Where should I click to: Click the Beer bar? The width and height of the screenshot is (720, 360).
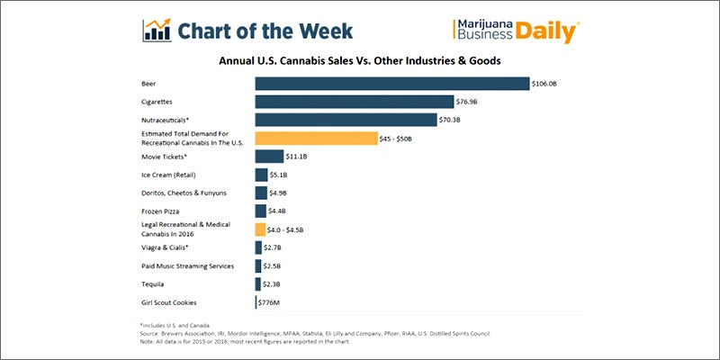point(391,84)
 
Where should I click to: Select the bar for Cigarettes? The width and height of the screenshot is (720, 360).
point(354,102)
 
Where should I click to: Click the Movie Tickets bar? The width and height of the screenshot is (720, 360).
point(269,157)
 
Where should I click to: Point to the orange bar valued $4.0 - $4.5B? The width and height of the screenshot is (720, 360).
point(260,229)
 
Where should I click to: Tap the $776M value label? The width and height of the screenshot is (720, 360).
point(271,302)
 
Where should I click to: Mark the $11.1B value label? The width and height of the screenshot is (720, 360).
point(298,157)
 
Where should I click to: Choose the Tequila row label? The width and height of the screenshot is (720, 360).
point(155,284)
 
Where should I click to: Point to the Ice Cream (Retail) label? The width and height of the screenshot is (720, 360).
point(168,175)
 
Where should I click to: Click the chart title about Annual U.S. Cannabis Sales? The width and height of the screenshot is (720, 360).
point(360,60)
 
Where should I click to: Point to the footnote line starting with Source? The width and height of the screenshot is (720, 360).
point(315,333)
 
